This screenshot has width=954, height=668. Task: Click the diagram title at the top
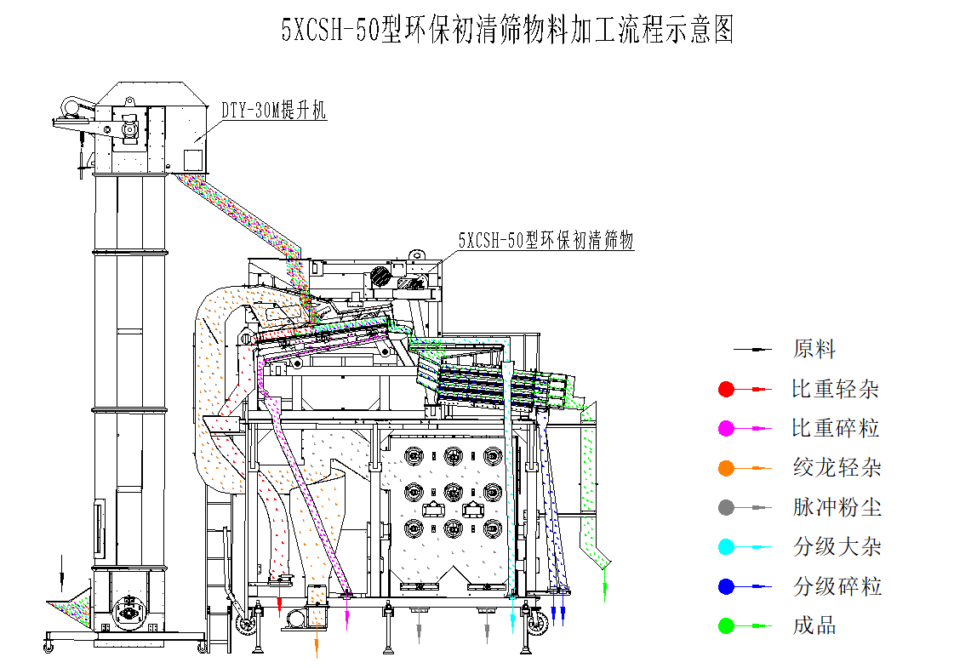pyautogui.click(x=507, y=31)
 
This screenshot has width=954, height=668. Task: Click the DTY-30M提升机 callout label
pyautogui.click(x=274, y=110)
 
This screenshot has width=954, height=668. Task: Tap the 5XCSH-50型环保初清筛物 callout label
pyautogui.click(x=546, y=241)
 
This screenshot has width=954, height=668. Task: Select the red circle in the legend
pyautogui.click(x=726, y=389)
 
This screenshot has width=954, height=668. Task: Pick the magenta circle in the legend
pyautogui.click(x=726, y=429)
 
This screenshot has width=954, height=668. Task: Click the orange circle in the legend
pyautogui.click(x=726, y=468)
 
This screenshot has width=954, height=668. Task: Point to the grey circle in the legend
pyautogui.click(x=726, y=508)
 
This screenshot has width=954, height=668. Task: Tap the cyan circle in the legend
pyautogui.click(x=726, y=547)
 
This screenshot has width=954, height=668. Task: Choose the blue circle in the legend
pyautogui.click(x=726, y=586)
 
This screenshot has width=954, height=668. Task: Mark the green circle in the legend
pyautogui.click(x=726, y=626)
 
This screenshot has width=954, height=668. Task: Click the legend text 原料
pyautogui.click(x=814, y=349)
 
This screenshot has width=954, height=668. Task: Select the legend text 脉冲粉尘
pyautogui.click(x=837, y=508)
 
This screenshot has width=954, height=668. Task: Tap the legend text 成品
pyautogui.click(x=814, y=626)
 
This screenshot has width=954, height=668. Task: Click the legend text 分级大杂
pyautogui.click(x=837, y=547)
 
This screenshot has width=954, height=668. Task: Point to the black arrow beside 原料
pyautogui.click(x=753, y=350)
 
